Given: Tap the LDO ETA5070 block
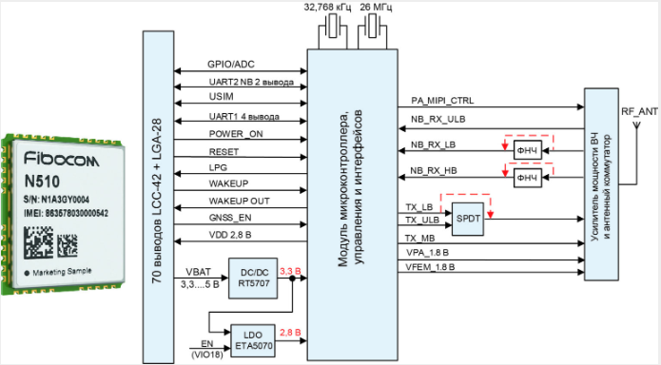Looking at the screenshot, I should click(252, 339).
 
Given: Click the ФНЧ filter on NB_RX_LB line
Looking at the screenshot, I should click(526, 150).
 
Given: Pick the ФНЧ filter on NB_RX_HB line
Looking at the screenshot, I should click(526, 178).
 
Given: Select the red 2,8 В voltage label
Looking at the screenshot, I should click(290, 332).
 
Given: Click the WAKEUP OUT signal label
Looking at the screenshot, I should click(240, 201).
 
